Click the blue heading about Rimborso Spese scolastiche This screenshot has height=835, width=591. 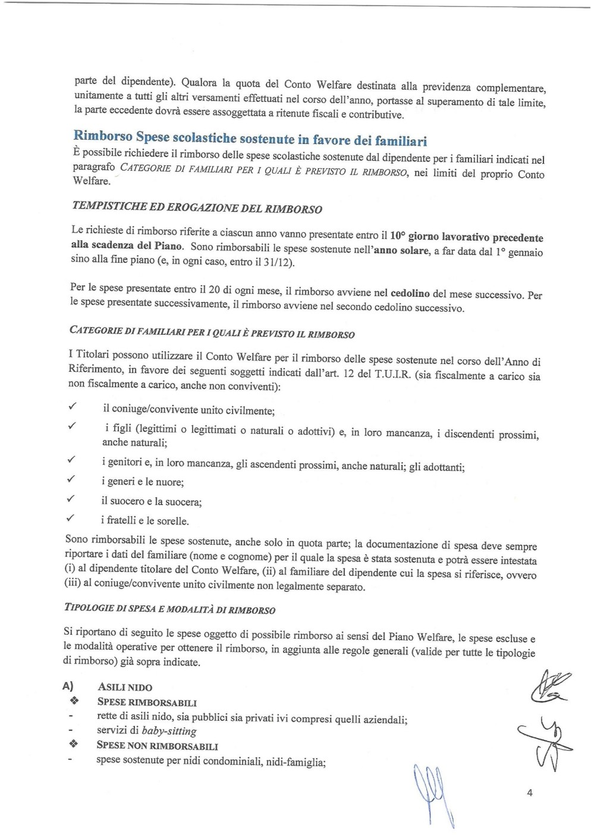(x=250, y=139)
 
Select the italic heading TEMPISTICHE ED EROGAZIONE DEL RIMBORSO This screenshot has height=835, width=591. (x=197, y=208)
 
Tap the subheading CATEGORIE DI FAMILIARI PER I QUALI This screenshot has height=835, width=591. (x=212, y=332)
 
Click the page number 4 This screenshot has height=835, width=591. (x=529, y=792)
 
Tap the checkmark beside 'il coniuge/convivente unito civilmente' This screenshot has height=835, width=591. (x=71, y=406)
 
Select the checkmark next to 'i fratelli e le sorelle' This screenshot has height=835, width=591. (x=71, y=518)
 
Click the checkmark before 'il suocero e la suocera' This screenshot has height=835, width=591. (x=71, y=498)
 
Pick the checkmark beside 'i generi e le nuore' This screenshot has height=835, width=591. (x=71, y=479)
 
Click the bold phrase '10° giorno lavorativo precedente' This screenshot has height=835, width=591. (x=466, y=237)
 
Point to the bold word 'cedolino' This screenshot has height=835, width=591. (x=410, y=293)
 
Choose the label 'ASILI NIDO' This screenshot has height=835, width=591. (x=125, y=687)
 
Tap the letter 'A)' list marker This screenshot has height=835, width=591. (x=68, y=686)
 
